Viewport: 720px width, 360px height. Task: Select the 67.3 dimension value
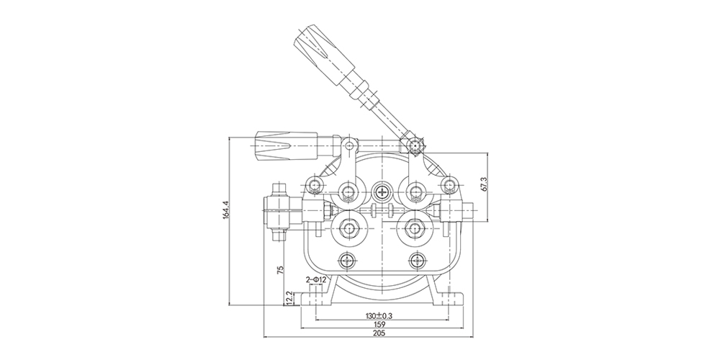483,184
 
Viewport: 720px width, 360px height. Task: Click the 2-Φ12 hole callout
316,279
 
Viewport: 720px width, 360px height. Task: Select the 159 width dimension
380,324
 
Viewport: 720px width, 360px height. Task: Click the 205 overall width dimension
379,333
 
